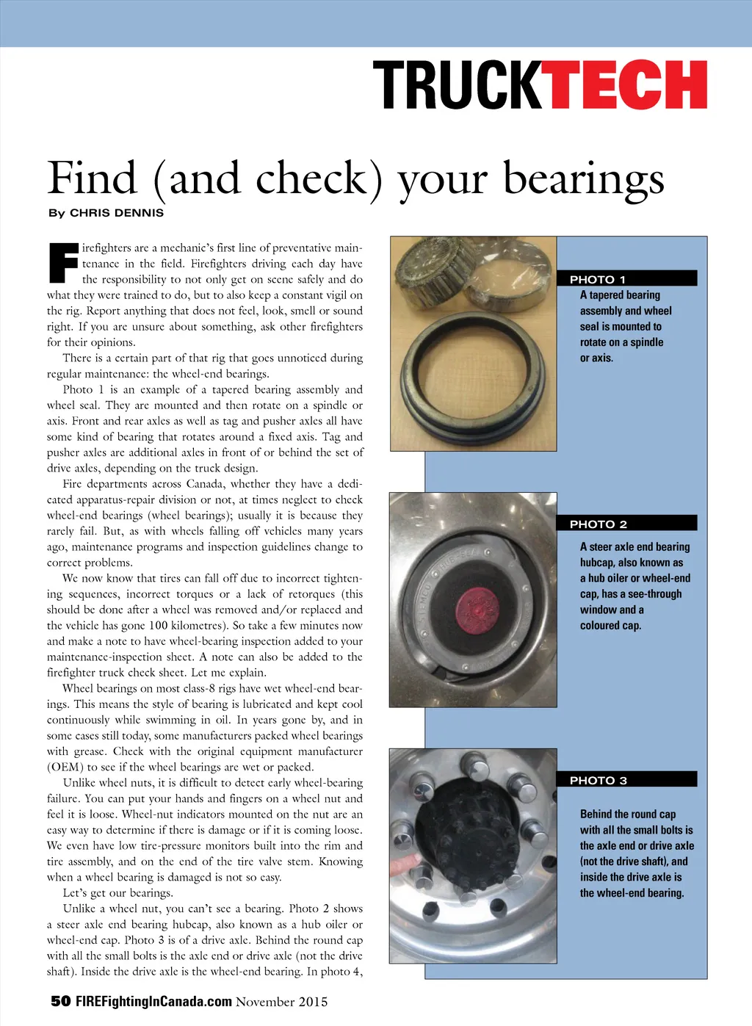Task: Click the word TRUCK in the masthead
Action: coord(457,85)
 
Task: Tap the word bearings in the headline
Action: coord(583,178)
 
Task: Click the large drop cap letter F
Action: coord(63,263)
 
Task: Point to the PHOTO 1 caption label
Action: coord(598,279)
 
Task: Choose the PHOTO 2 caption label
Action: coord(598,524)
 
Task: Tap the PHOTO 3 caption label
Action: coord(598,780)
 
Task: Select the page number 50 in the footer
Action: coord(60,1001)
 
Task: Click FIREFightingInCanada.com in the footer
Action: coord(153,1001)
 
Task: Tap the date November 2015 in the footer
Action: coord(282,1001)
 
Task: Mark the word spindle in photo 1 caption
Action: coord(646,342)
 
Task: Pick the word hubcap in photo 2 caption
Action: coord(596,563)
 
